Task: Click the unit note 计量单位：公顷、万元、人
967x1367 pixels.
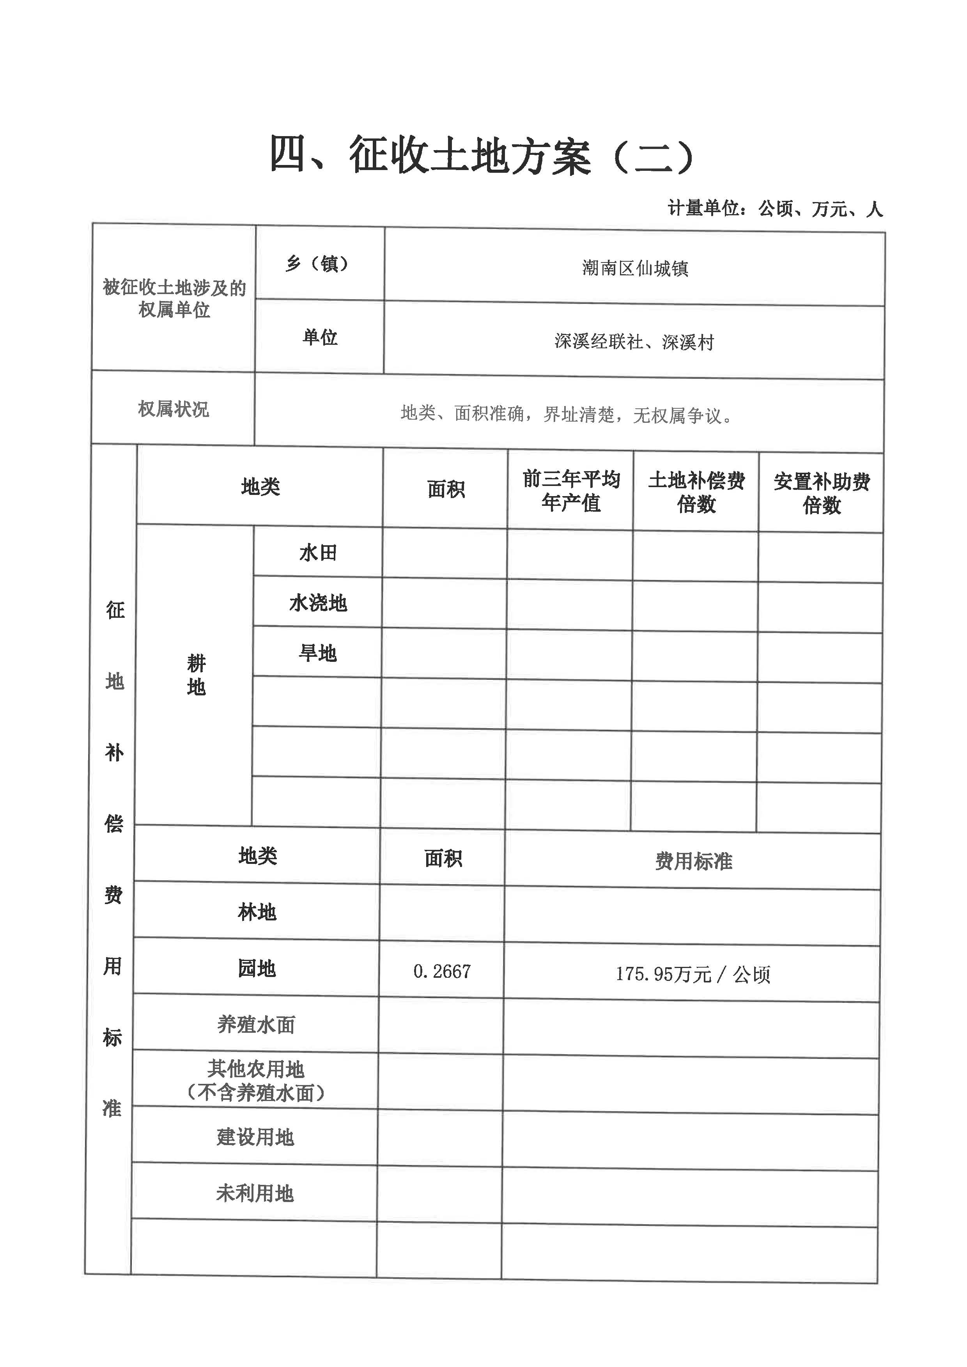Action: coord(775,209)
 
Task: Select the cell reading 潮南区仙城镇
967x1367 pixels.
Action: coord(635,269)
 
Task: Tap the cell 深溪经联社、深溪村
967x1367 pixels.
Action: coord(634,342)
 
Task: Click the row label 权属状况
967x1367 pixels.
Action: coord(173,409)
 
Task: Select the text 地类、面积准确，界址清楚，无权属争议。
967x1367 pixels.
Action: coord(566,414)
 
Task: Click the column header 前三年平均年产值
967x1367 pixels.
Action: coord(570,491)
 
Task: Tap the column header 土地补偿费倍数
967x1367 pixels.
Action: coord(696,492)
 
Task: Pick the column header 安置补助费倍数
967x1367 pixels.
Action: coord(822,493)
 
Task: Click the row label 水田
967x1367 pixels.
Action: coord(317,553)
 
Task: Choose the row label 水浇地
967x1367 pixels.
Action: coord(317,603)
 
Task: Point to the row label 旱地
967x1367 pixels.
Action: coord(317,653)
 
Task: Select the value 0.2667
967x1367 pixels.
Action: coord(442,972)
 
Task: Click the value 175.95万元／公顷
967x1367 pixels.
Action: coord(692,974)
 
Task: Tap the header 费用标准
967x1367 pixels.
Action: coord(693,861)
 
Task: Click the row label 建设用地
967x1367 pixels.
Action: coord(255,1137)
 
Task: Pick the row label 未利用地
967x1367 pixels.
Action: coord(255,1193)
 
